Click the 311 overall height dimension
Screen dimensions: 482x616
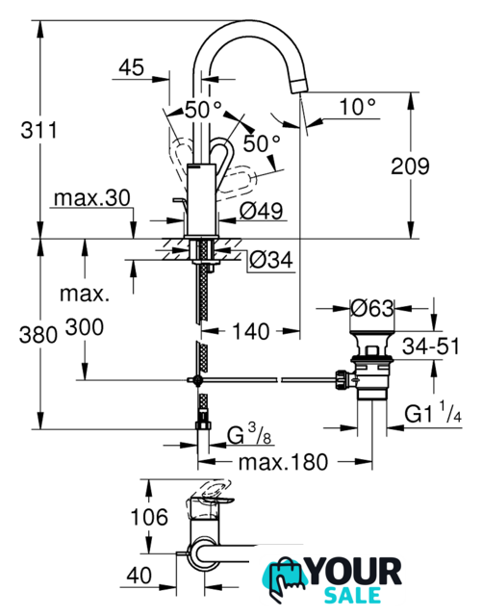point(38,130)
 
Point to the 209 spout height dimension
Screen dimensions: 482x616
point(410,167)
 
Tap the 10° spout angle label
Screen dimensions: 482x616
point(358,106)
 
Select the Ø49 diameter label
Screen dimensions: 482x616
point(261,212)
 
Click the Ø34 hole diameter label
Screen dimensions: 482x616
point(271,260)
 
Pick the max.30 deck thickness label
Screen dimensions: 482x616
point(92,198)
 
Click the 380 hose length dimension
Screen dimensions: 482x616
point(38,335)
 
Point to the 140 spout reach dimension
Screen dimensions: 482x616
point(251,331)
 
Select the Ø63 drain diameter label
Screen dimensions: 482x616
point(371,308)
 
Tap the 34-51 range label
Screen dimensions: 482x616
point(431,346)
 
